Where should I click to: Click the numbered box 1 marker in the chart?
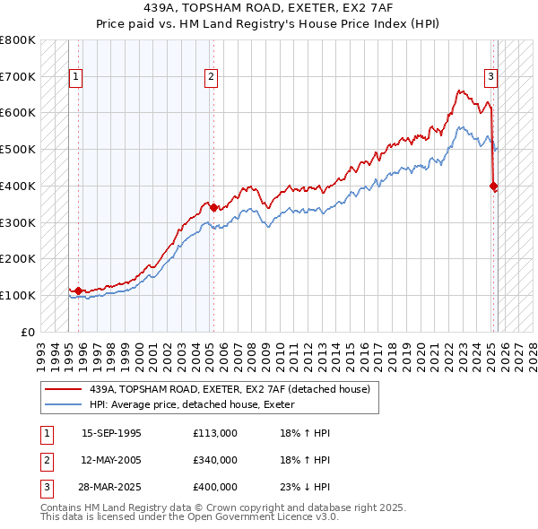tap(75, 78)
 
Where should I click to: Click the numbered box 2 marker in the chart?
tap(211, 78)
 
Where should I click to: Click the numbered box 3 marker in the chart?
tap(491, 78)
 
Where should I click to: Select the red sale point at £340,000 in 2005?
tap(213, 208)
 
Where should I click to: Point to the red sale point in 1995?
tap(79, 291)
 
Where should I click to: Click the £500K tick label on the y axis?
tap(18, 150)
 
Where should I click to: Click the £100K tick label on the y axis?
tap(18, 295)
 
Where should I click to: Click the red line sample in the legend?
tap(65, 388)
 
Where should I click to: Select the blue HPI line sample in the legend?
tap(65, 404)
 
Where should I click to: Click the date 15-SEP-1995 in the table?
tap(111, 433)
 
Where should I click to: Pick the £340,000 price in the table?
tap(215, 460)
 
